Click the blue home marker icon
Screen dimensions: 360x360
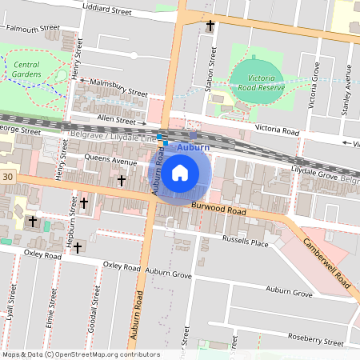pyautogui.click(x=180, y=172)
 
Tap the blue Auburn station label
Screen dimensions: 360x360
pyautogui.click(x=193, y=148)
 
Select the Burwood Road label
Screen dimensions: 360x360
pyautogui.click(x=218, y=210)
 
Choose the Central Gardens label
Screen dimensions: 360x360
pyautogui.click(x=26, y=70)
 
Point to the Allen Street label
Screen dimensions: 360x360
pyautogui.click(x=116, y=119)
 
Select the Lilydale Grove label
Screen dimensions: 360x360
pyautogui.click(x=313, y=171)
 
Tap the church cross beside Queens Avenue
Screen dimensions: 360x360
pyautogui.click(x=121, y=181)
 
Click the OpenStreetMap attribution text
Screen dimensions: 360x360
pyautogui.click(x=80, y=354)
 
